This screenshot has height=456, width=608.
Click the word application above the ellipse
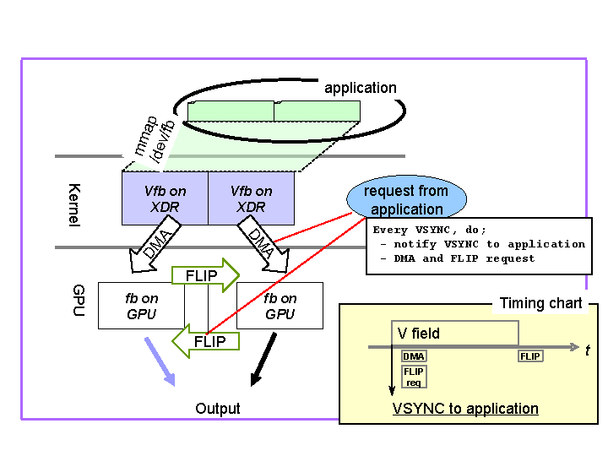361,88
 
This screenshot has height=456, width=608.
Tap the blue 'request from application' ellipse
406,200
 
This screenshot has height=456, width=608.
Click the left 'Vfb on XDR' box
166,199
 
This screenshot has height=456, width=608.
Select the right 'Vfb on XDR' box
252,199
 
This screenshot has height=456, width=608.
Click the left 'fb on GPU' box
141,306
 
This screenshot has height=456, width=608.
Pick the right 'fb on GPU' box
280,306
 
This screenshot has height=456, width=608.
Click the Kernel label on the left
73,205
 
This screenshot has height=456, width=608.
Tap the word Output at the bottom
218,409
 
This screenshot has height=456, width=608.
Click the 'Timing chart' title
540,303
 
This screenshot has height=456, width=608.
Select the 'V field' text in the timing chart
419,334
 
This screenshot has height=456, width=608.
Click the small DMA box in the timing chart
414,356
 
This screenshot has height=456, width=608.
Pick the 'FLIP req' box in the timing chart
414,377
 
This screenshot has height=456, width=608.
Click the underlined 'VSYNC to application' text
465,409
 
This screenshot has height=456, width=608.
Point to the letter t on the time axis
587,350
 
